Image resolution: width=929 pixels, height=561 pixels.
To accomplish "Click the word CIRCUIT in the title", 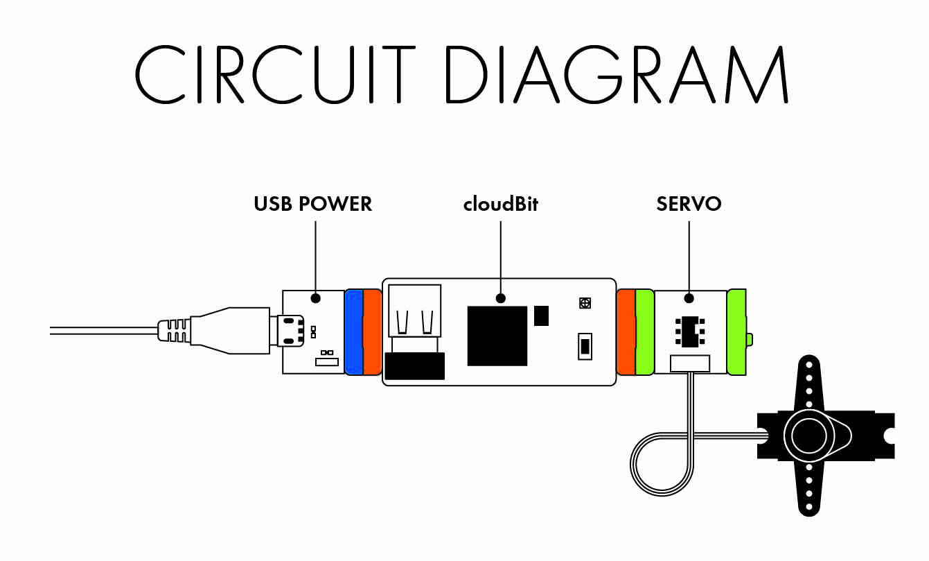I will [274, 74].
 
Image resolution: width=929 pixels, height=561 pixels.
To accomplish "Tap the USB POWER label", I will [313, 204].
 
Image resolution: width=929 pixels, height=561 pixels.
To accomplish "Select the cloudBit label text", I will [500, 204].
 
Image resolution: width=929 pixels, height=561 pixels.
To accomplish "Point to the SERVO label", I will [689, 204].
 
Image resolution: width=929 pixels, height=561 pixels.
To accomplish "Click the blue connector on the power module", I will [353, 332].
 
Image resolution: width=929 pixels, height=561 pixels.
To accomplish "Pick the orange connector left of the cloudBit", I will [373, 332].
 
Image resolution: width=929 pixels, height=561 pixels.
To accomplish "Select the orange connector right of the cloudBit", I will [626, 332].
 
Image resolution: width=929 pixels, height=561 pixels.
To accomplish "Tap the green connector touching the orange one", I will [645, 332].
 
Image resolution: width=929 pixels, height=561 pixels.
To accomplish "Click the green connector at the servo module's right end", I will [738, 332].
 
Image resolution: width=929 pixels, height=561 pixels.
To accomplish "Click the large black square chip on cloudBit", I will [497, 335].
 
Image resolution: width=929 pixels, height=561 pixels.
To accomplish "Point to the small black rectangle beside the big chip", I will [542, 315].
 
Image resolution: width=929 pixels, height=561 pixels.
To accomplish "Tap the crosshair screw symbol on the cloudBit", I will [585, 302].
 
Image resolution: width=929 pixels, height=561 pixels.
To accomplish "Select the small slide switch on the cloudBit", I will [585, 345].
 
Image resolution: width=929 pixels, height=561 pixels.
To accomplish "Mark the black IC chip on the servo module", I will [689, 331].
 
